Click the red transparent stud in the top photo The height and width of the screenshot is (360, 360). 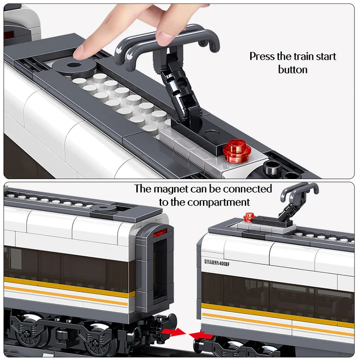pos(237,151)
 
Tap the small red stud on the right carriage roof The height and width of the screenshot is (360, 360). pos(249,217)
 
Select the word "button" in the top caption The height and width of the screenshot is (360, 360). pos(293,70)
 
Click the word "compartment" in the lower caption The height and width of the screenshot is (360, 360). pos(220,202)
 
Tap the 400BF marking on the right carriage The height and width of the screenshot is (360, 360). pos(224,264)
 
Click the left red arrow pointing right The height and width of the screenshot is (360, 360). pos(174,332)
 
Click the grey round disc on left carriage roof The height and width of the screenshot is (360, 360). pos(103,208)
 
